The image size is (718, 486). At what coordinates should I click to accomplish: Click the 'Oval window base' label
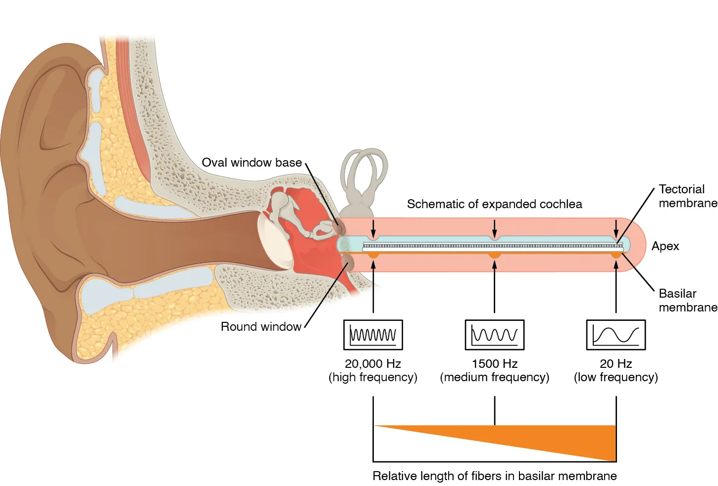point(252,163)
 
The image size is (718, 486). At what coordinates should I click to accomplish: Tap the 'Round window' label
point(260,327)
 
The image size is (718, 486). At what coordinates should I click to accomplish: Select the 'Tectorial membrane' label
point(687,196)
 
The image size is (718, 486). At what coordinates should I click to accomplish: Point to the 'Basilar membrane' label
point(687,300)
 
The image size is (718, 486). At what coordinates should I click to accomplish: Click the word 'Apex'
point(665,246)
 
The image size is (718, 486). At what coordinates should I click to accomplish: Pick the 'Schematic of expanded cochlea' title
point(494,204)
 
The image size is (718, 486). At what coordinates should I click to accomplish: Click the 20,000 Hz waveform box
point(373,335)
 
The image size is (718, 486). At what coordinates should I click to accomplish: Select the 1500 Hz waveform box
point(494,335)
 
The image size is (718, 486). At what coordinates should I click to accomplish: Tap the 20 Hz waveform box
point(615,335)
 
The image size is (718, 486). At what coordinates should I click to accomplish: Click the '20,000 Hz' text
point(373,364)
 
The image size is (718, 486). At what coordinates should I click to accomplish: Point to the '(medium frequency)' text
point(494,377)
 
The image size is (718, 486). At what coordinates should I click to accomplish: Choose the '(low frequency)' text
point(615,377)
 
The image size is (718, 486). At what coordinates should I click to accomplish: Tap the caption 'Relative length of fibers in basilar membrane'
point(494,476)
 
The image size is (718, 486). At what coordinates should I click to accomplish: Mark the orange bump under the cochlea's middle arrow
point(494,255)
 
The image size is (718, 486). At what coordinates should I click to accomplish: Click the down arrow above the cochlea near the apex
point(616,228)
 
